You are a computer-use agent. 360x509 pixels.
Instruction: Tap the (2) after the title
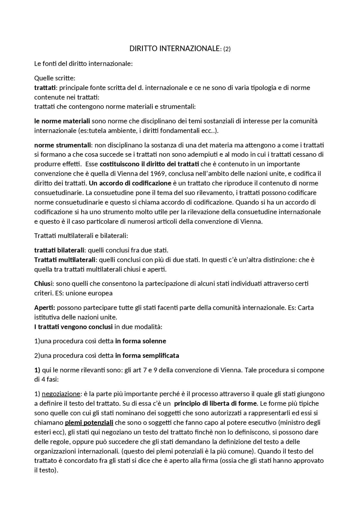coord(227,49)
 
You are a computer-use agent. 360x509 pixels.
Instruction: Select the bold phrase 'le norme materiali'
coord(62,121)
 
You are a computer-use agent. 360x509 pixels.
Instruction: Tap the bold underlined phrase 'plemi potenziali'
coord(89,422)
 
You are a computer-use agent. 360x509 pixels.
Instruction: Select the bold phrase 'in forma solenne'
coord(141,341)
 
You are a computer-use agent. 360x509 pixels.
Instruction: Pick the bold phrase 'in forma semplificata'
coord(147,356)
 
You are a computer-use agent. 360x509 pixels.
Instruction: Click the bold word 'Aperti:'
coord(45,307)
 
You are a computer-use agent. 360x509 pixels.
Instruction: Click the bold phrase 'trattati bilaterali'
coord(59,250)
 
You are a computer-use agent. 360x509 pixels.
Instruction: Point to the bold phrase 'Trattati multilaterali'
coord(65,259)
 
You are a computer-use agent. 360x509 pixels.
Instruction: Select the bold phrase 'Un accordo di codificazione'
coord(130,183)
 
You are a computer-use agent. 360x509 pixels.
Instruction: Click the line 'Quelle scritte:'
coord(55,78)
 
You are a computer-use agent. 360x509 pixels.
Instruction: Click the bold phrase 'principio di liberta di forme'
coord(215,404)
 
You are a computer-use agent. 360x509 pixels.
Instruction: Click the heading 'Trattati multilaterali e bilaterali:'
coord(81,236)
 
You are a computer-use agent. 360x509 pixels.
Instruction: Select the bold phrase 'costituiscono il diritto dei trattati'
coord(149,164)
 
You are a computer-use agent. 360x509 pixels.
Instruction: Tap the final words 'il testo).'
coord(46,470)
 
